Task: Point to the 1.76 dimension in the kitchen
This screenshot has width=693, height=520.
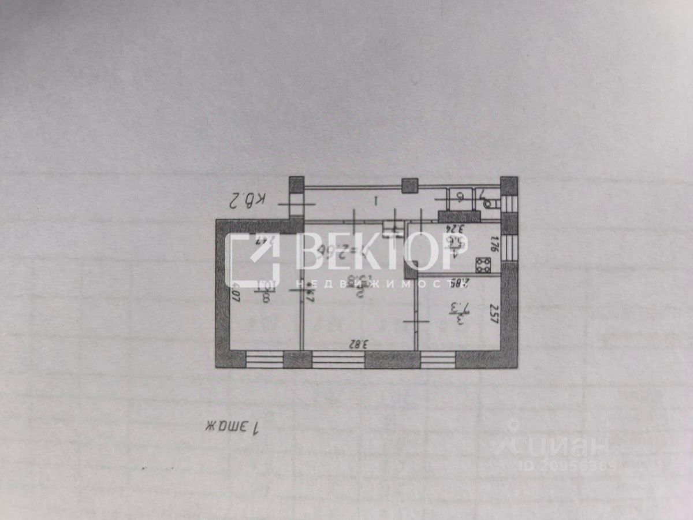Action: (494, 242)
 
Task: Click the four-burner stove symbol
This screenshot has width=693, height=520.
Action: (483, 265)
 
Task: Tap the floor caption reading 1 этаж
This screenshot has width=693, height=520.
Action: (234, 427)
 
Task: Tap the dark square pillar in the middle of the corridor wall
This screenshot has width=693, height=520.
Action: (410, 185)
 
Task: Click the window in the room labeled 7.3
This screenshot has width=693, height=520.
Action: (438, 359)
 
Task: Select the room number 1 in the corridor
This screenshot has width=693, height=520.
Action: (376, 201)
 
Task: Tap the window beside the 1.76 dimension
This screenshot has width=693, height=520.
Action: (509, 248)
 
